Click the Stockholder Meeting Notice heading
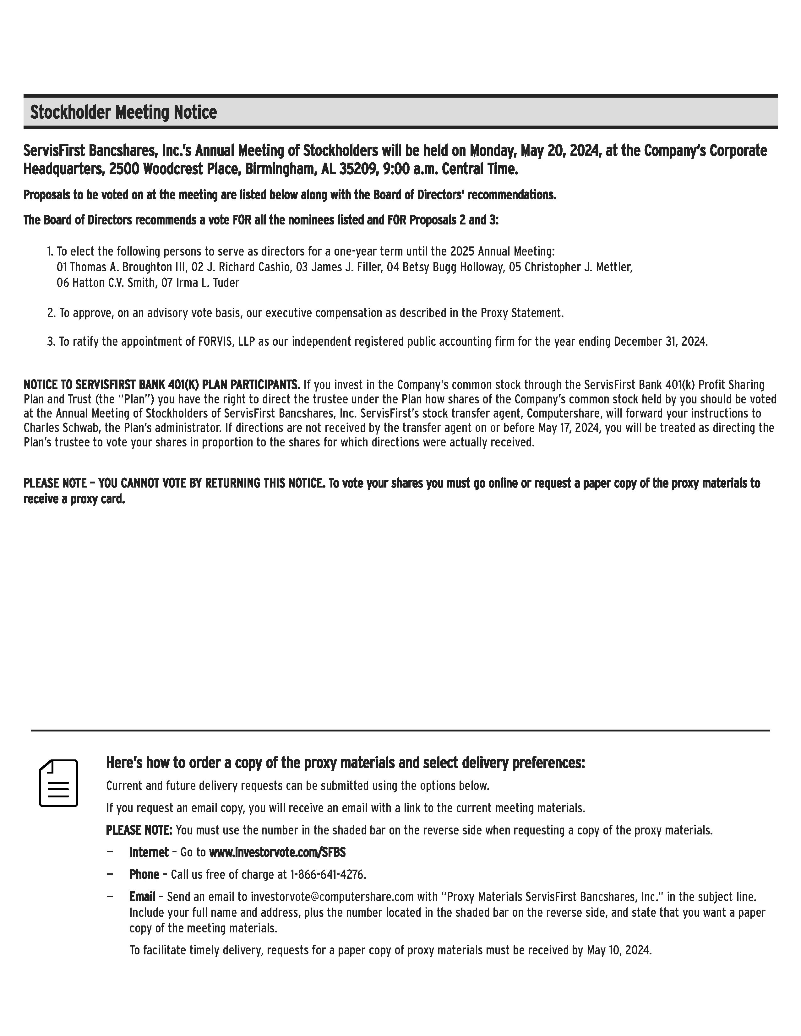coord(123,112)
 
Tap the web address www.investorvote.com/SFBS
coord(277,852)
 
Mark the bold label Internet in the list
coord(149,852)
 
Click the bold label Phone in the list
coord(144,874)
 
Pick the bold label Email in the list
coord(142,897)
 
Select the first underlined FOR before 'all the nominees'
coord(242,220)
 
